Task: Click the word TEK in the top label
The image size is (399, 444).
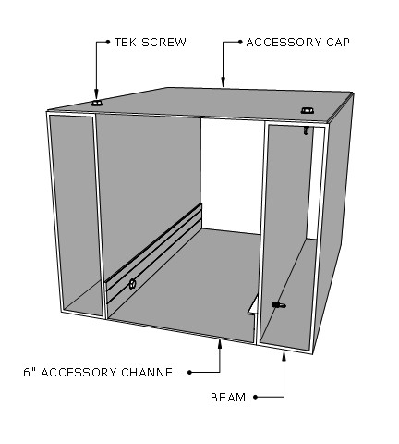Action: click(x=126, y=43)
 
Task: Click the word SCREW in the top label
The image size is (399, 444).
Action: click(x=163, y=43)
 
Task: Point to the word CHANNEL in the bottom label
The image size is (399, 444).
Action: click(x=151, y=373)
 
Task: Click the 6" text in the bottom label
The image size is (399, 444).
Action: click(x=30, y=373)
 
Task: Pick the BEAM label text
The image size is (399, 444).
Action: click(x=228, y=397)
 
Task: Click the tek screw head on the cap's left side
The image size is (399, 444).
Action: click(x=97, y=103)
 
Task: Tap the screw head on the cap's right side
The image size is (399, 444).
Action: click(x=307, y=110)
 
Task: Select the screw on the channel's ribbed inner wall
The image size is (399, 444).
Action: click(x=132, y=283)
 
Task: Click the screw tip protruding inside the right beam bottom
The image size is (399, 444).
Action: click(x=279, y=305)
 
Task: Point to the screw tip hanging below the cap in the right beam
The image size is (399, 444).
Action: click(x=306, y=130)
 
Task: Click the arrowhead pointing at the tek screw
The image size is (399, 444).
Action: click(x=96, y=93)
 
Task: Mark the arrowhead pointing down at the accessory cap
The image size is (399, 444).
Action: click(x=224, y=81)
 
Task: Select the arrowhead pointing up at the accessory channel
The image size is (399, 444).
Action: click(x=220, y=343)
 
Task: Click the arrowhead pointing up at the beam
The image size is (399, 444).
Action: click(x=284, y=356)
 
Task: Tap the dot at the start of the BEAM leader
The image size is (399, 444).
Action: click(x=255, y=397)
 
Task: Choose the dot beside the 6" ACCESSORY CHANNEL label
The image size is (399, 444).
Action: click(x=189, y=373)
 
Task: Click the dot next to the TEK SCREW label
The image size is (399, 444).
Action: click(x=108, y=42)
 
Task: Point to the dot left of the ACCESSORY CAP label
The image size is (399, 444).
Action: click(x=240, y=43)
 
